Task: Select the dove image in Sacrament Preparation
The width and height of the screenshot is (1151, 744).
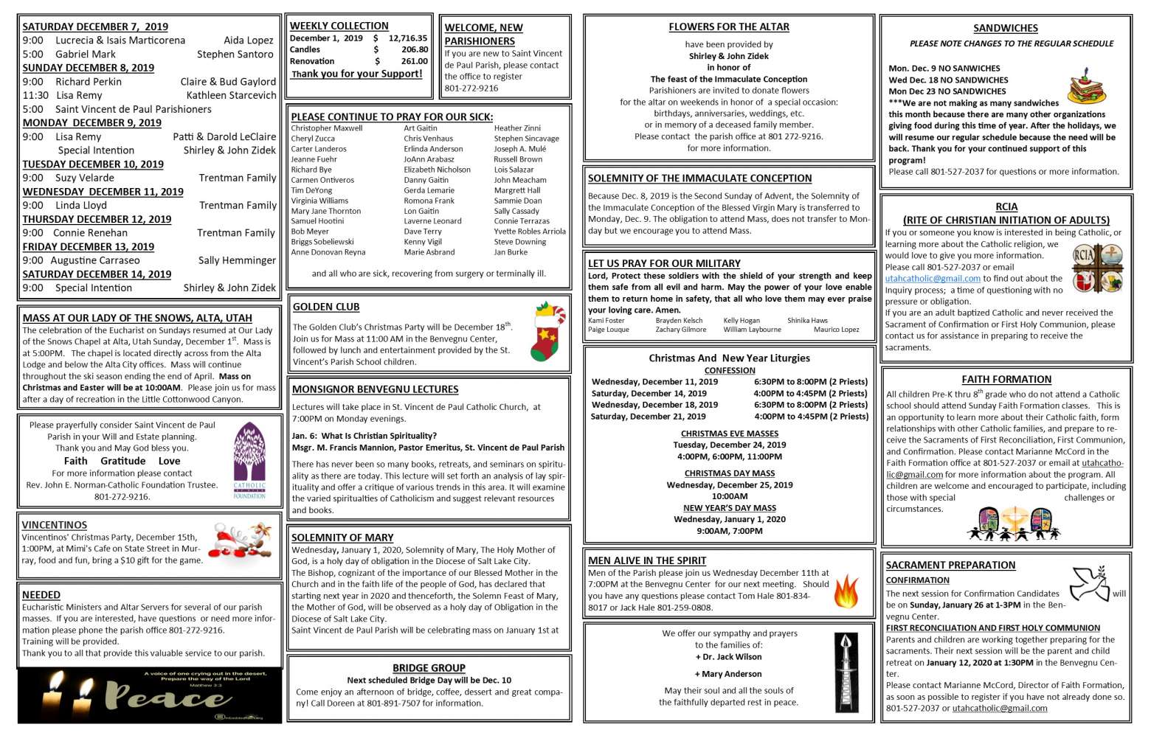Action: click(1090, 583)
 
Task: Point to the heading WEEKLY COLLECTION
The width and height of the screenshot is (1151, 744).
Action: click(339, 26)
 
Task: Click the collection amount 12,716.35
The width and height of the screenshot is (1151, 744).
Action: click(408, 38)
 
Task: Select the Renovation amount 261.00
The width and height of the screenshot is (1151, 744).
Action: click(414, 62)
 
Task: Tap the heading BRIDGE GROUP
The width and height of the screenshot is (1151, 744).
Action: click(429, 668)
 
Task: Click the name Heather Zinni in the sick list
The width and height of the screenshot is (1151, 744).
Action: click(516, 128)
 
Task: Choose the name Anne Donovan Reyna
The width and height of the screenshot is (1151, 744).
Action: click(328, 252)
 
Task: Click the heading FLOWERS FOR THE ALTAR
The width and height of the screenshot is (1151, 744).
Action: click(728, 27)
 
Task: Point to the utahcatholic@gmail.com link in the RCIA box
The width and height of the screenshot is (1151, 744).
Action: click(932, 279)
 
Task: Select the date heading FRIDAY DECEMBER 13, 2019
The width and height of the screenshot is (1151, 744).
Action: click(88, 247)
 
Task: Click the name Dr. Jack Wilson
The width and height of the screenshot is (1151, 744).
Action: click(730, 657)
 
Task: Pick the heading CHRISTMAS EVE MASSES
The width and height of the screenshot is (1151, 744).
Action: click(729, 434)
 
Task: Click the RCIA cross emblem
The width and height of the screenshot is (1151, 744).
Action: click(1097, 268)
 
